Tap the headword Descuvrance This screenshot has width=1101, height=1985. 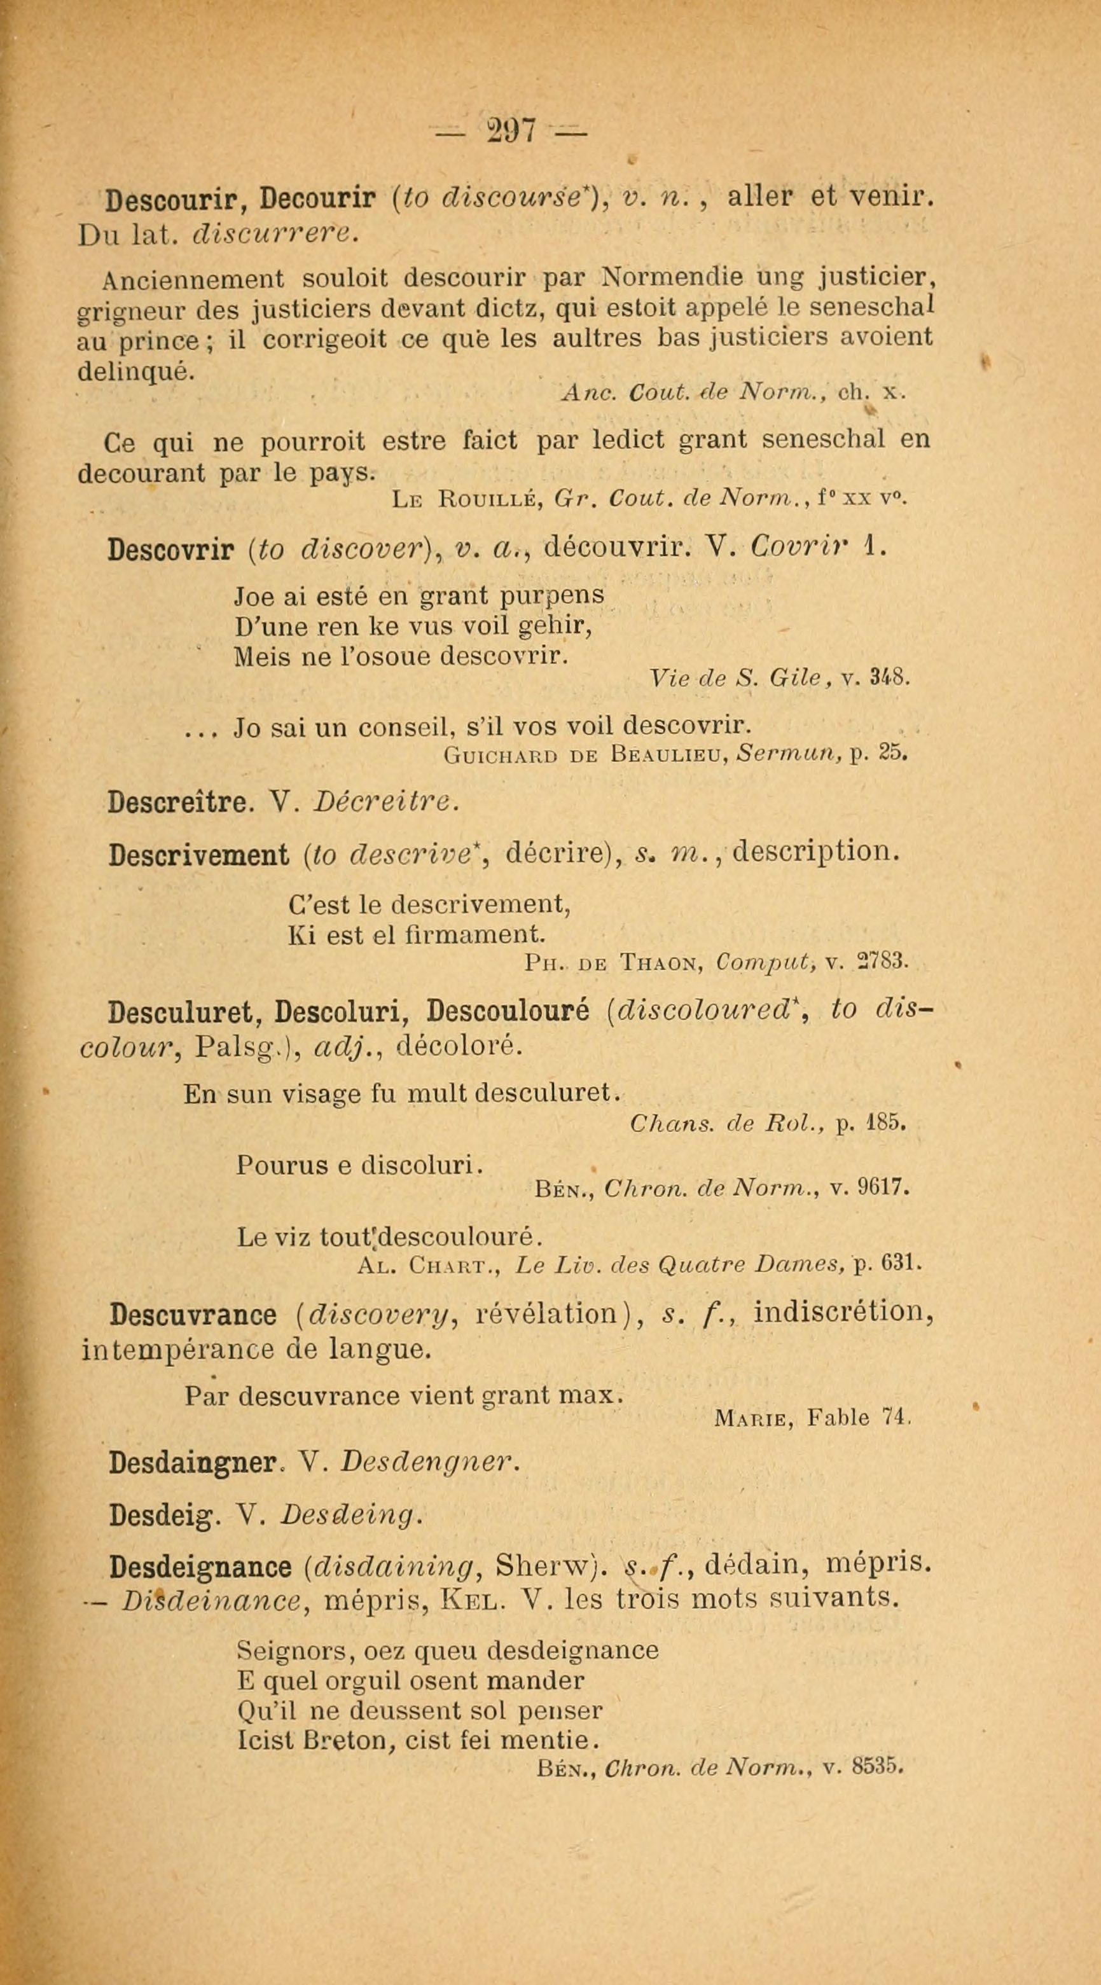(193, 1315)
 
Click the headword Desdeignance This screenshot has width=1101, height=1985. (200, 1566)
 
